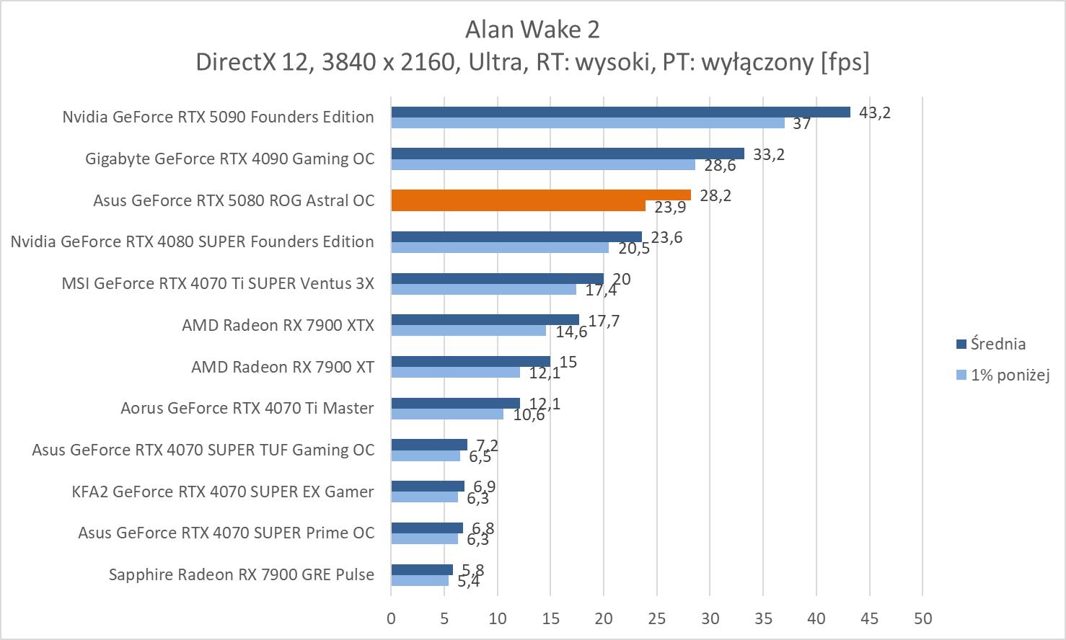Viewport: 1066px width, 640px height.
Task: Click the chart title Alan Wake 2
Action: (x=532, y=30)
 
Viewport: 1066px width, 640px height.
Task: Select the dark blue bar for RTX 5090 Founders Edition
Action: (x=620, y=112)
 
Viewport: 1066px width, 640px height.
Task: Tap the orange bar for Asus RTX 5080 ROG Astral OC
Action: (x=541, y=195)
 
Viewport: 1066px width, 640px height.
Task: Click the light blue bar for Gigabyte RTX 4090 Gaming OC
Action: (x=543, y=165)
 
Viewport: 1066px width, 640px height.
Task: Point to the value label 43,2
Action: (x=874, y=112)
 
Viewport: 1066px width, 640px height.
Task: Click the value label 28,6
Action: (x=720, y=166)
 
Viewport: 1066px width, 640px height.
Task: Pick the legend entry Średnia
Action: (x=998, y=344)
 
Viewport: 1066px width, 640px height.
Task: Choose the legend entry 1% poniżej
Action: (x=1009, y=375)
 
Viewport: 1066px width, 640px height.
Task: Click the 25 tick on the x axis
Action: (x=657, y=618)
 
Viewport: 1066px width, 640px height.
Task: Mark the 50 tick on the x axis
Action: (x=922, y=618)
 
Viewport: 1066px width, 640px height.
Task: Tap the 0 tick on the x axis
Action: (x=391, y=618)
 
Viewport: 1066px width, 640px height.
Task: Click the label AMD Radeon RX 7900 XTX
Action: (x=278, y=325)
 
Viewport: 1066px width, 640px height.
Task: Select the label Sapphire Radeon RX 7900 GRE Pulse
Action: (x=242, y=574)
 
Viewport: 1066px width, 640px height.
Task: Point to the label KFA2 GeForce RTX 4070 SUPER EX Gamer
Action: (x=223, y=492)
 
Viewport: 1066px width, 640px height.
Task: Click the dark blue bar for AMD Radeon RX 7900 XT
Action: (x=470, y=361)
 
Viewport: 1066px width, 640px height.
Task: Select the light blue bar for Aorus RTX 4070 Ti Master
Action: (x=447, y=414)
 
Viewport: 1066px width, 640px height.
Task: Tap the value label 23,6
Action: (x=666, y=238)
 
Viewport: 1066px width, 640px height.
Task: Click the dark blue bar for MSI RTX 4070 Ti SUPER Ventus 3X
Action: (x=497, y=278)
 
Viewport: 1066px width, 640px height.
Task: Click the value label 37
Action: (x=801, y=124)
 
